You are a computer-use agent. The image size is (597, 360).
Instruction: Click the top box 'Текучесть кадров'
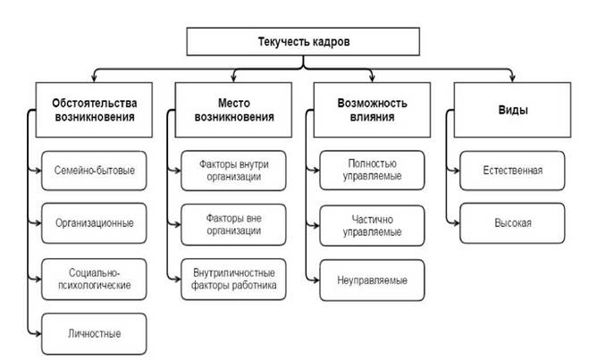303,41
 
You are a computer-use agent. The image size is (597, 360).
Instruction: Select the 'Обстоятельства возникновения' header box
94,110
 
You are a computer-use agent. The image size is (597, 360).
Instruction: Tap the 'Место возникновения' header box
233,110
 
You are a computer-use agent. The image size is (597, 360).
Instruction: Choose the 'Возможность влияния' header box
372,110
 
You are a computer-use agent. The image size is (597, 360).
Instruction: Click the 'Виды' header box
512,110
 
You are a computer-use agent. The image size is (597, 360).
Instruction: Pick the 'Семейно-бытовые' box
94,171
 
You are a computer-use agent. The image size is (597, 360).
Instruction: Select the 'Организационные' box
94,223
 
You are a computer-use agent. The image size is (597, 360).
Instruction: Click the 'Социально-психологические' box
94,279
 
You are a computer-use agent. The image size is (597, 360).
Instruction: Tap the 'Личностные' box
94,334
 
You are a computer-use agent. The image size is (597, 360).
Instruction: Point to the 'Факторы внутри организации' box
233,171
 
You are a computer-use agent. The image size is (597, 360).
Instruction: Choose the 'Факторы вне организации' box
233,224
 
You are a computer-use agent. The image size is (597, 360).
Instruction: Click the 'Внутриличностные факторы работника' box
233,279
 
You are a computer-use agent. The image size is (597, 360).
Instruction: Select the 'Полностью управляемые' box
372,170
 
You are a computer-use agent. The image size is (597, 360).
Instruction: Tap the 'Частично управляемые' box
372,225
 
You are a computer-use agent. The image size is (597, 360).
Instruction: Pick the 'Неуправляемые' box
372,280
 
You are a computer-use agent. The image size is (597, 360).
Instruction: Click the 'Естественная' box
512,171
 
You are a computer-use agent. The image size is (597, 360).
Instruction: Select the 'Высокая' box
512,223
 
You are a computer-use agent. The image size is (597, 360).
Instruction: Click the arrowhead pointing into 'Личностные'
38,334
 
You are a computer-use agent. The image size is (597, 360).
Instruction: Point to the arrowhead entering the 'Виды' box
512,79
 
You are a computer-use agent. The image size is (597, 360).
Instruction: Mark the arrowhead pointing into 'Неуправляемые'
316,280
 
